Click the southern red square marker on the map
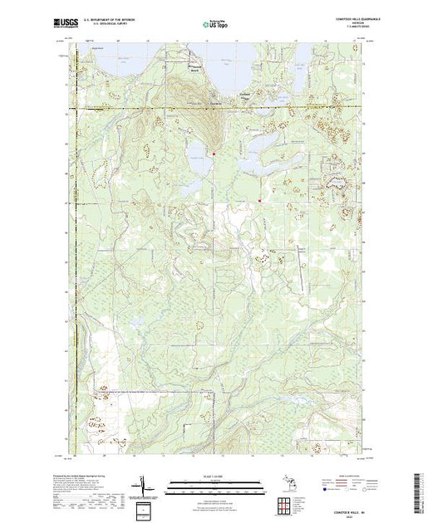click(260, 200)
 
